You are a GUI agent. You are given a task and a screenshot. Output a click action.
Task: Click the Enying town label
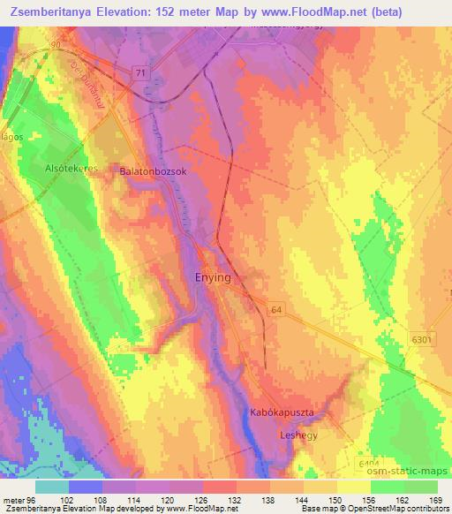point(212,277)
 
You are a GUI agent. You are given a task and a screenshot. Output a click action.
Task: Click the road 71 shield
point(141,73)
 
